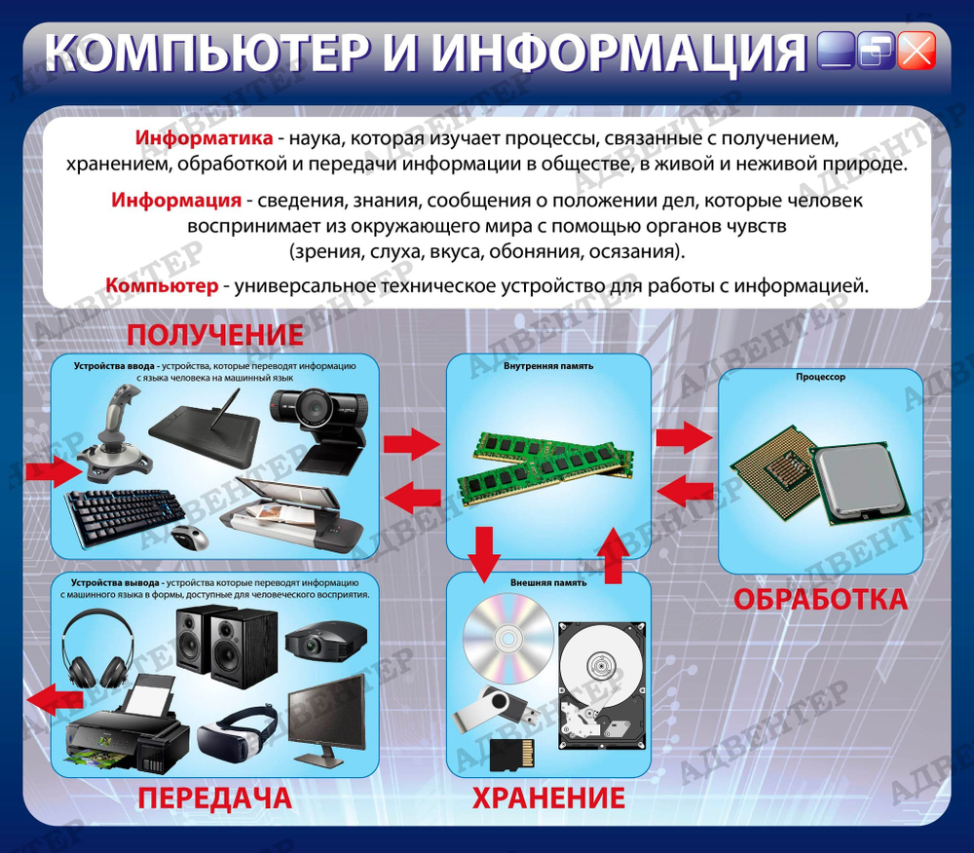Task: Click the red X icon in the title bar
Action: coord(917,51)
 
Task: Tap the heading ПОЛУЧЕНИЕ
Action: coord(215,334)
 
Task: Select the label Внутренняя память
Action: coord(548,366)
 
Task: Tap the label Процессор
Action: coord(820,377)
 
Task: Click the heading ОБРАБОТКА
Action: coord(820,598)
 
